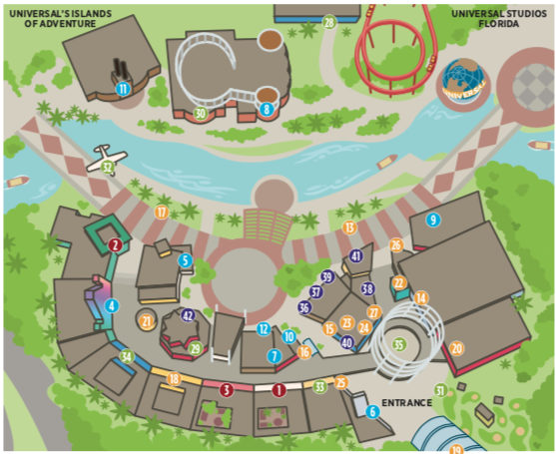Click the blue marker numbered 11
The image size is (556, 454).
[123, 89]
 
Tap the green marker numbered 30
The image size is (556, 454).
[201, 113]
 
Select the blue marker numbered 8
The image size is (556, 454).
[266, 109]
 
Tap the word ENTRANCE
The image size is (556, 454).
[406, 403]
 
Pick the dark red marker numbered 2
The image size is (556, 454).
[116, 244]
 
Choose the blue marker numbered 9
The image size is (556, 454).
[432, 220]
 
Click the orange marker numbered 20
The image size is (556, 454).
[457, 347]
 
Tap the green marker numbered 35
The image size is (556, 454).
[399, 345]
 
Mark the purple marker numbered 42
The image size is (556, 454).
[187, 315]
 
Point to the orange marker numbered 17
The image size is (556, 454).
[162, 212]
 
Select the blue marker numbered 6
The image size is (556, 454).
[372, 410]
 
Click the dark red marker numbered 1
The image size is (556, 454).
[278, 390]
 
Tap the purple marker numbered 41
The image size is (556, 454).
[356, 256]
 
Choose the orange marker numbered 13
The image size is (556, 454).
[349, 227]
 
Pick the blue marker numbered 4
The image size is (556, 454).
[112, 305]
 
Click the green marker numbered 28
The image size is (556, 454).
[328, 21]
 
